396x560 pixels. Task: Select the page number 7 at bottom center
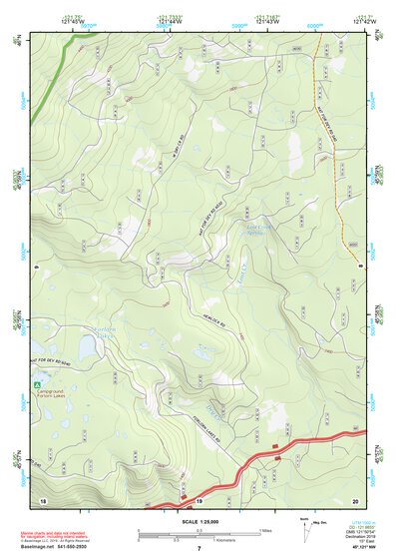[198, 550]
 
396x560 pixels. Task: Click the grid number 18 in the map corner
[42, 499]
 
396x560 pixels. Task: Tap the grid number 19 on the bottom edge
[198, 500]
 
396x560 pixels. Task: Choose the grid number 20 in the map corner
[355, 499]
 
